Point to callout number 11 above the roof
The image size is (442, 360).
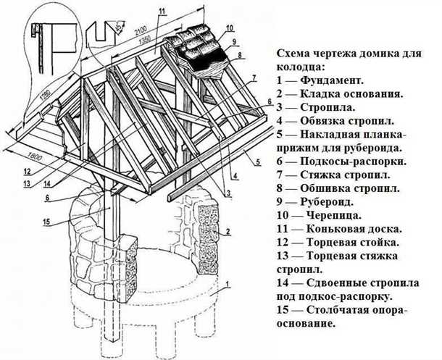tap(161, 9)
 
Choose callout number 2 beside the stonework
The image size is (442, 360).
tap(228, 231)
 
